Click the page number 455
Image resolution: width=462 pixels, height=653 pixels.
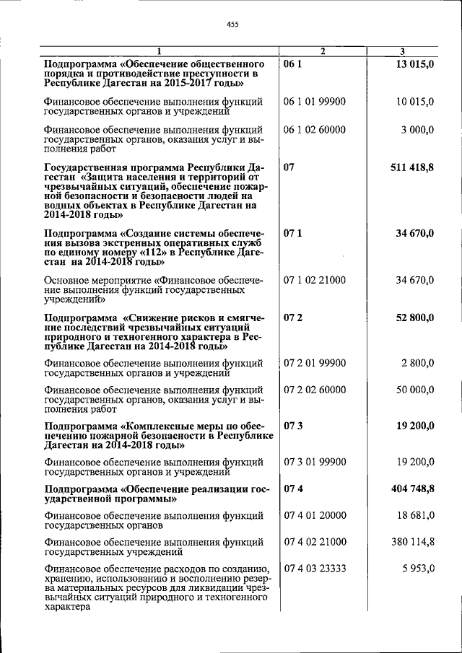point(232,25)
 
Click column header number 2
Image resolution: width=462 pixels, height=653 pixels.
point(323,51)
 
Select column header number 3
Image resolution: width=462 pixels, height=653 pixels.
point(402,51)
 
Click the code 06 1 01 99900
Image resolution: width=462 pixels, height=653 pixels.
point(315,102)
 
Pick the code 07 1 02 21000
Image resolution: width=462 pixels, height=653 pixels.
point(315,280)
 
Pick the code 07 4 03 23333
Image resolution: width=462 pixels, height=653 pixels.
point(315,569)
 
